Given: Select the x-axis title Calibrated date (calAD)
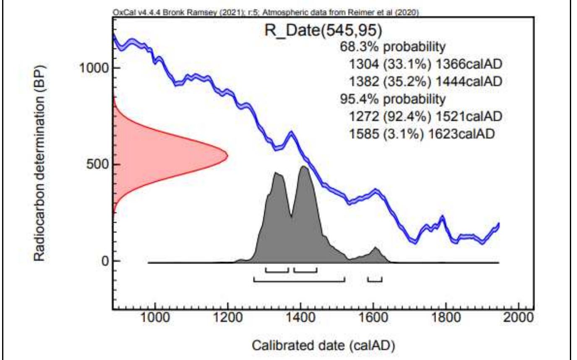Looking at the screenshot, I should point(323,346).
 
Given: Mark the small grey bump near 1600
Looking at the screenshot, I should point(376,253).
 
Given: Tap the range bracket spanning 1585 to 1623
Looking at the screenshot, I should point(374,279).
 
